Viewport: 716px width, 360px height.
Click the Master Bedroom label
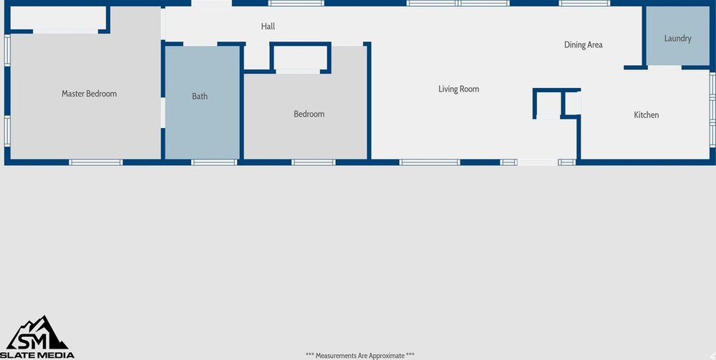(x=89, y=94)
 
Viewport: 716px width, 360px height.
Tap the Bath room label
(x=200, y=96)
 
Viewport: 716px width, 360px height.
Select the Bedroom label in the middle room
(x=309, y=114)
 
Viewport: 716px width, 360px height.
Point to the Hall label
(x=268, y=26)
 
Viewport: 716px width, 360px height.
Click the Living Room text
(x=459, y=89)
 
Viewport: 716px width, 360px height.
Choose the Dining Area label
(x=584, y=44)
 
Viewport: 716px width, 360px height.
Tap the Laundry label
(x=677, y=39)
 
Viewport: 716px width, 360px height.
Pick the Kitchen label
(x=647, y=115)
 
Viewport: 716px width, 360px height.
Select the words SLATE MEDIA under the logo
(x=37, y=355)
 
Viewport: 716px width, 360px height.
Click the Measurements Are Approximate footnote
(x=360, y=356)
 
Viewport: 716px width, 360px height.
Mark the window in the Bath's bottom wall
(x=213, y=162)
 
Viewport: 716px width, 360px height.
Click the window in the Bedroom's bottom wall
(x=314, y=162)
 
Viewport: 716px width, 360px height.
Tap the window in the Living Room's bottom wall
(x=430, y=162)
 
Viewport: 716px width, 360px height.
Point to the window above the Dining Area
(x=584, y=3)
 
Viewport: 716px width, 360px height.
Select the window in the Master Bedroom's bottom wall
(x=96, y=162)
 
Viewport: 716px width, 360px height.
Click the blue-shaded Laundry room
(x=677, y=36)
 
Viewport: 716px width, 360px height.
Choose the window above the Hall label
(x=296, y=3)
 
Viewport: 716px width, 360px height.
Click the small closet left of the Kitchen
(x=548, y=104)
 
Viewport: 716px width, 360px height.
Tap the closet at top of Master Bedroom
(x=59, y=19)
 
